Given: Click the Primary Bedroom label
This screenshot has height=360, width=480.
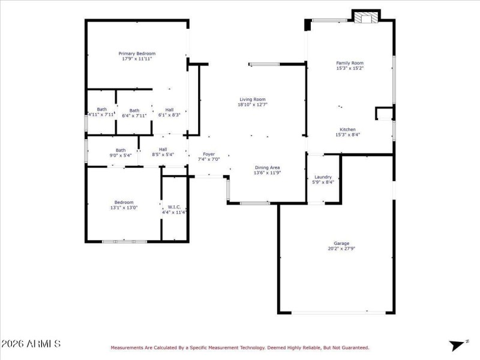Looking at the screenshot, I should pyautogui.click(x=137, y=53).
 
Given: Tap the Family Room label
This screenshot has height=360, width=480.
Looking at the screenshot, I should pyautogui.click(x=350, y=63).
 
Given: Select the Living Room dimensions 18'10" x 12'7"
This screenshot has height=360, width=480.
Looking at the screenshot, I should pyautogui.click(x=252, y=104).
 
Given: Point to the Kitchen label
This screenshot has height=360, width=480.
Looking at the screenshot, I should pyautogui.click(x=348, y=130).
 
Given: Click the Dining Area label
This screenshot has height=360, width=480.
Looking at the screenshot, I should pyautogui.click(x=267, y=167).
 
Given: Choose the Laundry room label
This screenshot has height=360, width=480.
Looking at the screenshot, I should pyautogui.click(x=323, y=177).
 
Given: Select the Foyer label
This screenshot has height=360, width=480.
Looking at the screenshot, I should pyautogui.click(x=209, y=154).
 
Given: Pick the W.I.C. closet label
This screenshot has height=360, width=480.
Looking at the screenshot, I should pyautogui.click(x=175, y=207).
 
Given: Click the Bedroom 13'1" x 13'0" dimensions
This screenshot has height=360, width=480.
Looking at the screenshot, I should pyautogui.click(x=124, y=208).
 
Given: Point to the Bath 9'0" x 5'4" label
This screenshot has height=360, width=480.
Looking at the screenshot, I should pyautogui.click(x=121, y=150).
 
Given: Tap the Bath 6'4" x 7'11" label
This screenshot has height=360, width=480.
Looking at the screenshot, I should pyautogui.click(x=134, y=110).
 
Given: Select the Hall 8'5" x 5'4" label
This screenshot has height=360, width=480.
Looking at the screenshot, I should pyautogui.click(x=163, y=149).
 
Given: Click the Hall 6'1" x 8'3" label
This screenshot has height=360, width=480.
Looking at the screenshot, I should pyautogui.click(x=170, y=110).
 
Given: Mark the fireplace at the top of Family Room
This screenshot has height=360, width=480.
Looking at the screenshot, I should pyautogui.click(x=366, y=19).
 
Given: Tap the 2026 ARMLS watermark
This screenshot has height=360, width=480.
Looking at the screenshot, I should pyautogui.click(x=31, y=344).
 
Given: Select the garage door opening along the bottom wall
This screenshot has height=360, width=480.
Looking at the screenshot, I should pyautogui.click(x=338, y=312).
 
